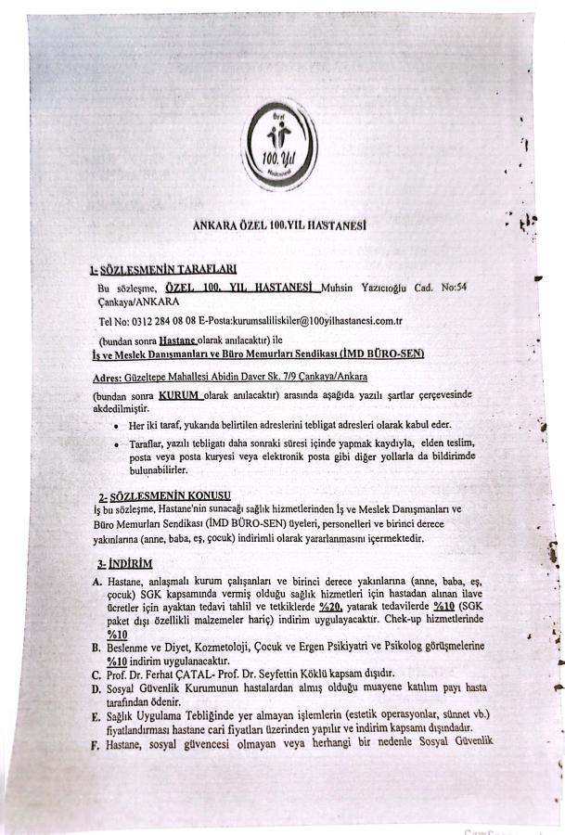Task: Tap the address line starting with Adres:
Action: point(231,378)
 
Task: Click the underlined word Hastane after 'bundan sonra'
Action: point(184,342)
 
